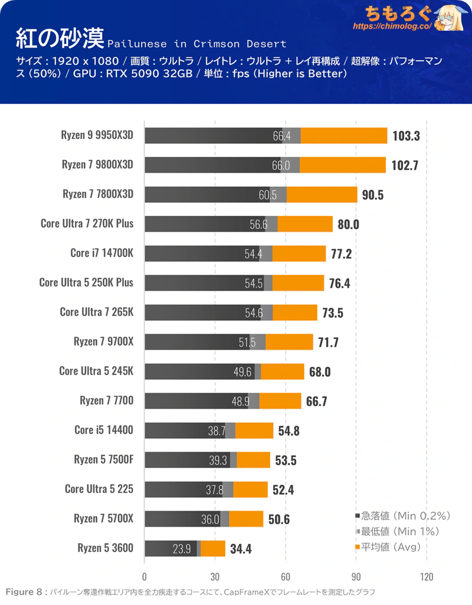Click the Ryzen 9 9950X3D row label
[x=97, y=135]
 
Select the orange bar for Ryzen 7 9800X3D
[x=342, y=165]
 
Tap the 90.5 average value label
[x=373, y=195]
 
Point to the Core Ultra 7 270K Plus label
[x=87, y=223]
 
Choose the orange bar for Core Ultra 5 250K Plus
[x=298, y=283]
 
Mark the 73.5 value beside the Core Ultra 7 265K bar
[x=332, y=313]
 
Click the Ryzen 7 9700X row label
[x=103, y=341]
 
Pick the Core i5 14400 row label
[x=104, y=430]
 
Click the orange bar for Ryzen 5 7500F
[x=253, y=460]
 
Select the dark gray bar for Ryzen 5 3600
[x=171, y=548]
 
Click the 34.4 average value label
[x=241, y=548]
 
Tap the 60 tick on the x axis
[x=286, y=576]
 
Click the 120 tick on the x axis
[x=427, y=576]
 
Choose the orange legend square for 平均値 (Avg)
[x=357, y=548]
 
